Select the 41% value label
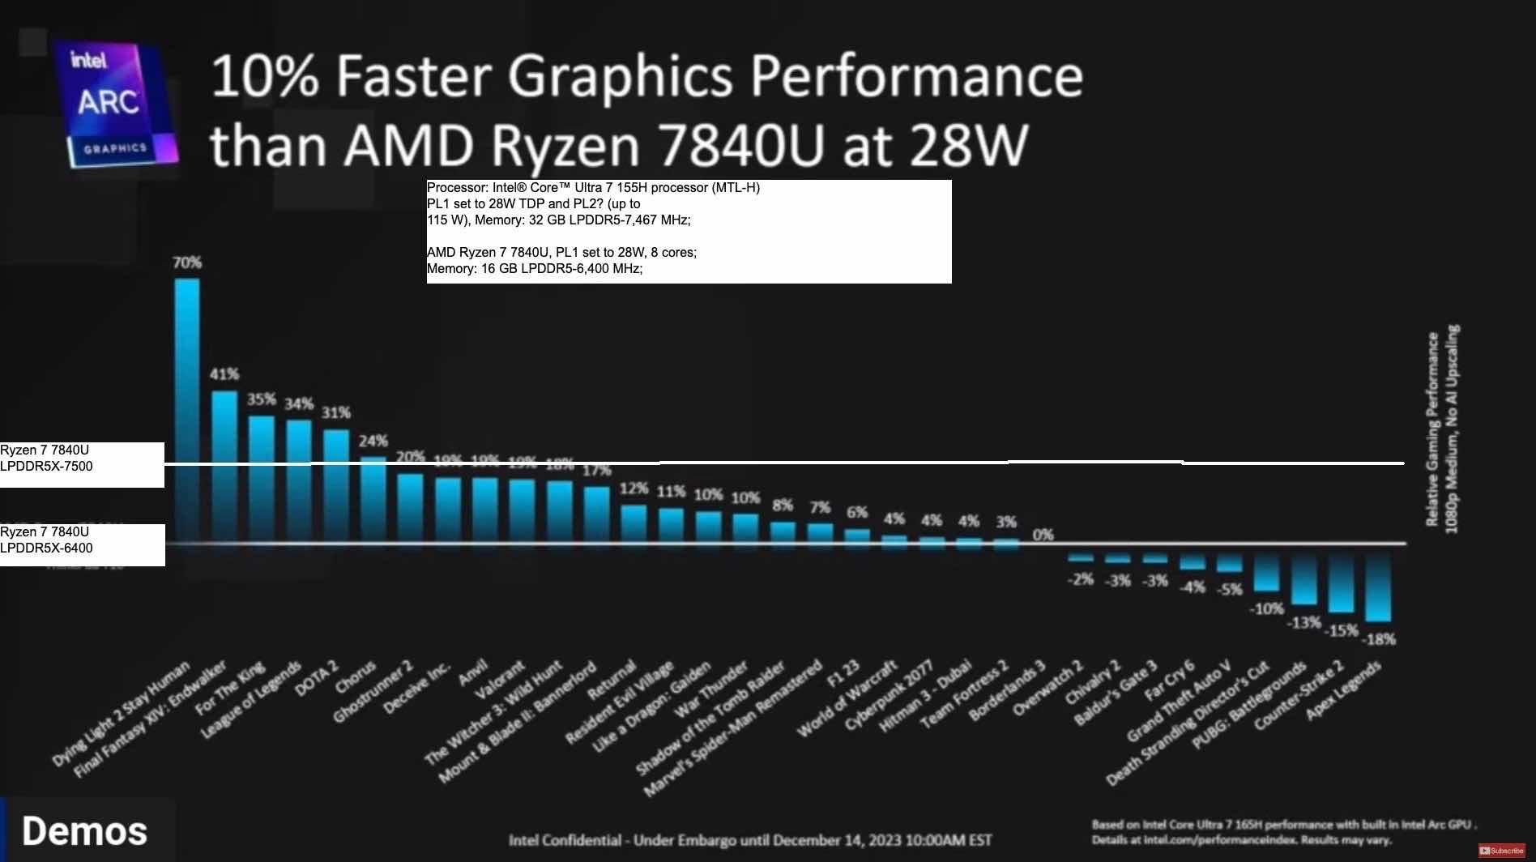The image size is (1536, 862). click(224, 374)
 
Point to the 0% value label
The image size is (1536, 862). click(1043, 535)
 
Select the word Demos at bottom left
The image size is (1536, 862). click(84, 831)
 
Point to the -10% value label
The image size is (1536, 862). click(1266, 608)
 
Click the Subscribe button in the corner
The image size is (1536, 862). click(1501, 851)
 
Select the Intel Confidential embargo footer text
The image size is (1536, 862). click(749, 840)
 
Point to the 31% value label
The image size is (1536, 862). click(336, 412)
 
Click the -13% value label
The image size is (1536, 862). click(1303, 623)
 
